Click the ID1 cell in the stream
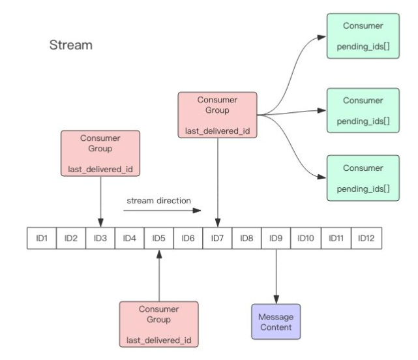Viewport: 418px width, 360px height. pos(42,238)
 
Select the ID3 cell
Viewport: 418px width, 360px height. pos(100,238)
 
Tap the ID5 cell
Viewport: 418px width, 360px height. pos(159,238)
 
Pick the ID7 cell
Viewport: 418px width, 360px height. pos(217,238)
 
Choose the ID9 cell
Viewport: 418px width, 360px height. pos(276,238)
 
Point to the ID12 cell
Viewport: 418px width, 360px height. pos(366,238)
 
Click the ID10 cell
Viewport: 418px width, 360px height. pos(306,238)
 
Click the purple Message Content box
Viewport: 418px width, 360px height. pos(276,322)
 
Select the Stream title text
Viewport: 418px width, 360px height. pos(71,45)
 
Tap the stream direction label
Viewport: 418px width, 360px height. pos(159,200)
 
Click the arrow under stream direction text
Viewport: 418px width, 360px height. pos(162,211)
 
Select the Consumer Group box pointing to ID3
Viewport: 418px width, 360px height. pos(100,153)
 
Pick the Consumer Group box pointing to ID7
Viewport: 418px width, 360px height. pos(217,115)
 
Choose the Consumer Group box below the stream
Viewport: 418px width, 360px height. pos(159,324)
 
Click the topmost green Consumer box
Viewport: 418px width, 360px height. pos(363,36)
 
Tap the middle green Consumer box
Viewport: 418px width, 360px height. pos(363,110)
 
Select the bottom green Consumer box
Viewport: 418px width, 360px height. pos(363,178)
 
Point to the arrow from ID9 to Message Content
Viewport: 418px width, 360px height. pos(276,277)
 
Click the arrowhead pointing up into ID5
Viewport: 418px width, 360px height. pos(159,254)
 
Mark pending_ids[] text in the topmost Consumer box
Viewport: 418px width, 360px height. pos(363,47)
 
